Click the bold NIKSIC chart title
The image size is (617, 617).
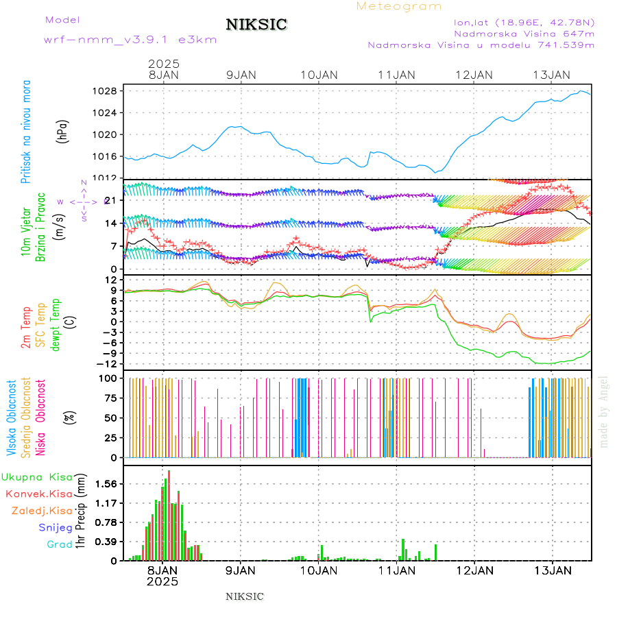pos(256,25)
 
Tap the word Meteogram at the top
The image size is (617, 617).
pos(399,6)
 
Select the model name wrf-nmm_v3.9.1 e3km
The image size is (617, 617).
pos(130,40)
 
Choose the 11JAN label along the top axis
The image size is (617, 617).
pos(396,75)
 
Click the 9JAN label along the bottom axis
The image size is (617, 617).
pos(240,569)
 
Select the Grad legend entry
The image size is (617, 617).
pos(59,544)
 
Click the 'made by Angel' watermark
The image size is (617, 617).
pos(604,411)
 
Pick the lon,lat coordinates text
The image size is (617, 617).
pos(524,22)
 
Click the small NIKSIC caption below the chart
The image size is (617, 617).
pos(245,596)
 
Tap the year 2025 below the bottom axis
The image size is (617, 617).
pos(162,581)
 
